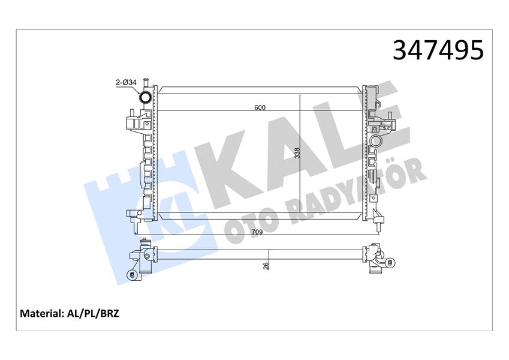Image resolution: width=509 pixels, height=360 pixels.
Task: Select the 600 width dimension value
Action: click(259, 108)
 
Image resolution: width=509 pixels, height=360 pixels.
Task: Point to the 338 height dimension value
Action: click(297, 154)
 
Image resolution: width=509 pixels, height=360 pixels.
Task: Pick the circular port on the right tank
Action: click(375, 142)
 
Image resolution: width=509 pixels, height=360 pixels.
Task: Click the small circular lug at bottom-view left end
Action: click(131, 275)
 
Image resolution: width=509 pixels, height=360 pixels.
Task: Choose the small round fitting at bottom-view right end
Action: click(390, 262)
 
